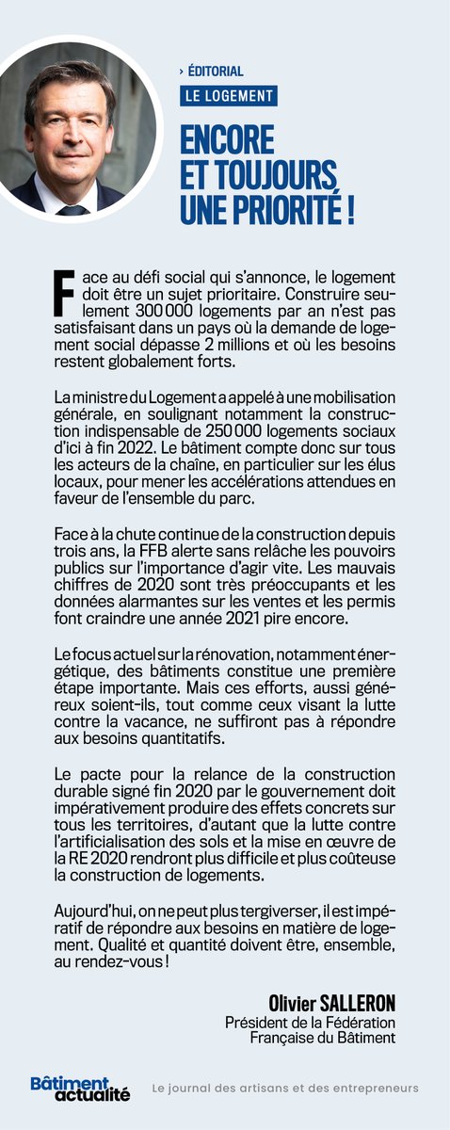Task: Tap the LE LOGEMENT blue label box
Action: coord(230,96)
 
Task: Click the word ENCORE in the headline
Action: coord(226,142)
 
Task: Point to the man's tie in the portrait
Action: coord(72,206)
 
